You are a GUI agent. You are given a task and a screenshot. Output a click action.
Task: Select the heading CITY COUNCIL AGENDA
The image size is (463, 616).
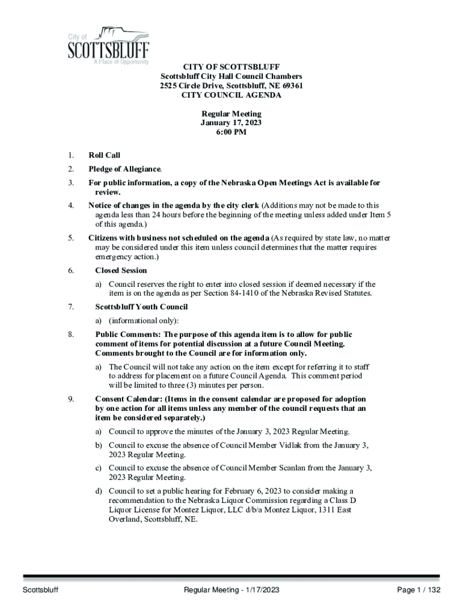(x=231, y=95)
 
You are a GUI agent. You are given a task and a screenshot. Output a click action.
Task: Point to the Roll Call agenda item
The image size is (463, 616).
(x=104, y=155)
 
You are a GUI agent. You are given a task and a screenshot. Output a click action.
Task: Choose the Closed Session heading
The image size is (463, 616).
(x=121, y=271)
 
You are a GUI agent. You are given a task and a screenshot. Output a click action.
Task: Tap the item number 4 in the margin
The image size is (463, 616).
(x=70, y=206)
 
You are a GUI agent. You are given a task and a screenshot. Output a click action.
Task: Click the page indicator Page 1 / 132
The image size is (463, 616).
(x=419, y=590)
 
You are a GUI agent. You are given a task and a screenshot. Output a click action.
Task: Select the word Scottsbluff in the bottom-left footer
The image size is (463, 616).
(x=41, y=590)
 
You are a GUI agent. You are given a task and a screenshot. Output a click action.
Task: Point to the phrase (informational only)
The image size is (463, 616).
(x=143, y=321)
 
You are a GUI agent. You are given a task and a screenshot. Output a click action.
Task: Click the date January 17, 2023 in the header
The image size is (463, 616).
(x=231, y=123)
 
